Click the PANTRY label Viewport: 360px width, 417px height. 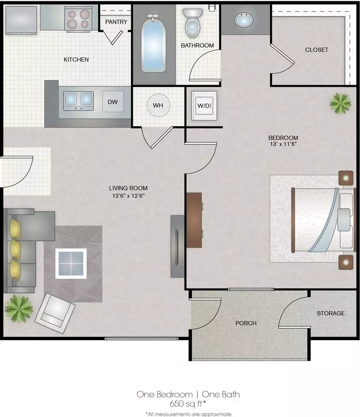[116, 22]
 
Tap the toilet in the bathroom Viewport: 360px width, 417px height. [192, 23]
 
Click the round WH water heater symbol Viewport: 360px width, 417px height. [158, 105]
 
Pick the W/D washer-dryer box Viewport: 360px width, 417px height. [204, 106]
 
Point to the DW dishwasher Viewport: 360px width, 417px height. [113, 102]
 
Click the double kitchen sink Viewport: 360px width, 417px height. [79, 101]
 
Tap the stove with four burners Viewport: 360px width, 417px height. [79, 19]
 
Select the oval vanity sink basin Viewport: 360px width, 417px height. [244, 20]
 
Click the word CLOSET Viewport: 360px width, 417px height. [317, 50]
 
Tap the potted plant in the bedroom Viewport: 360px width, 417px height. [340, 103]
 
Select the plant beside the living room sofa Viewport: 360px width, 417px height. [19, 308]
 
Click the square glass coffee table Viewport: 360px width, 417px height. [71, 264]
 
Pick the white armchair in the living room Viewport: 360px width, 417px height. [55, 313]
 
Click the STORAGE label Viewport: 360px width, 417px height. [331, 313]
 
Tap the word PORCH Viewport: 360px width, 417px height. [246, 323]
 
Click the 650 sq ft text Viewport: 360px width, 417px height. [188, 404]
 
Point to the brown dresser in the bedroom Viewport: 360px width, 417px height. [195, 220]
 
